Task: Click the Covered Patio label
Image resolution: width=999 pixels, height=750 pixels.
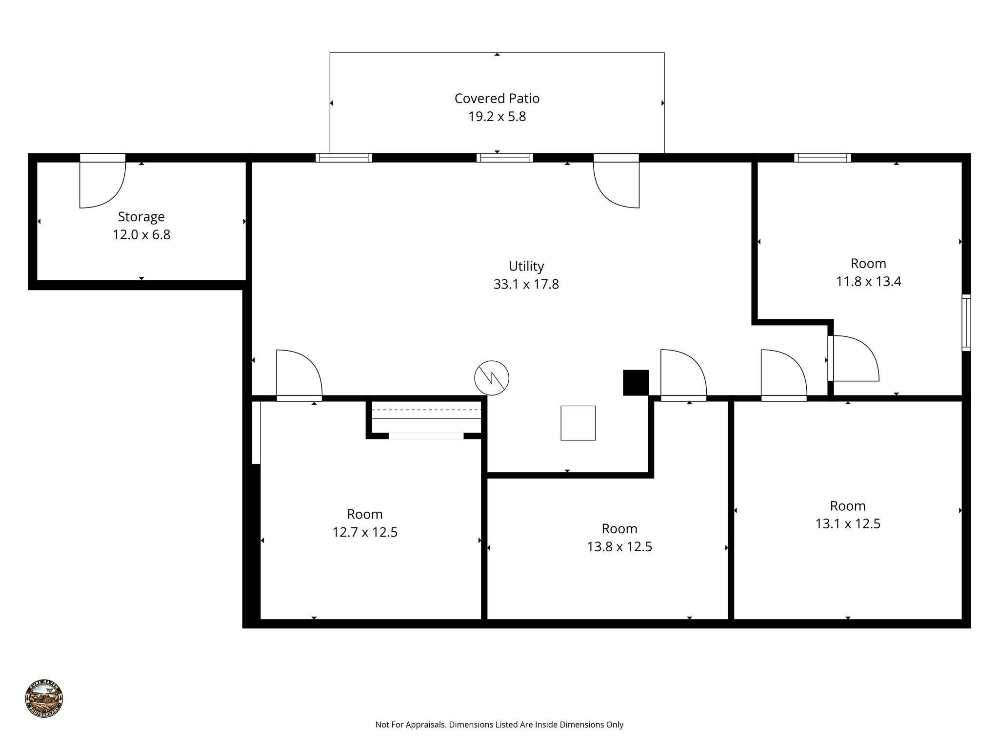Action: click(x=497, y=99)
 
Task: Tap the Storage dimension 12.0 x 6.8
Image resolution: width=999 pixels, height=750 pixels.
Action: click(x=141, y=235)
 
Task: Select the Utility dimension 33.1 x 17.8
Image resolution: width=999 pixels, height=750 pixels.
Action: click(x=526, y=284)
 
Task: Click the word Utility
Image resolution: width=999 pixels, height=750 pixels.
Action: click(x=526, y=266)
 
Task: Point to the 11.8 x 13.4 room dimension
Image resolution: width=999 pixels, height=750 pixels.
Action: click(x=868, y=282)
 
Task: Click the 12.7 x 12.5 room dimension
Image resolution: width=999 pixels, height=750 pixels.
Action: click(x=365, y=532)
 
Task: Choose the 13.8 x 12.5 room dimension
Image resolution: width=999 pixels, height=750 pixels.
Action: click(x=619, y=547)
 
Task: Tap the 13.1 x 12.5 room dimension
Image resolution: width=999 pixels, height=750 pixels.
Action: click(x=847, y=524)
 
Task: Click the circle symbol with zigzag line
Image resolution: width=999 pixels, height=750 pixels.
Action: click(x=492, y=378)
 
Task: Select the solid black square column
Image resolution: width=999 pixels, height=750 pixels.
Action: click(x=636, y=382)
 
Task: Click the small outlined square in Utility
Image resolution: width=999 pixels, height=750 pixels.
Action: click(x=578, y=423)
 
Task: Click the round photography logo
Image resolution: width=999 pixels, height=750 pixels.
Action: click(x=44, y=699)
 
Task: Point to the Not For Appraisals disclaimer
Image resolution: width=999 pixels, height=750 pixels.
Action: click(x=499, y=725)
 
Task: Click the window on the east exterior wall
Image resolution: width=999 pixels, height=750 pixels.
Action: click(x=966, y=323)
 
